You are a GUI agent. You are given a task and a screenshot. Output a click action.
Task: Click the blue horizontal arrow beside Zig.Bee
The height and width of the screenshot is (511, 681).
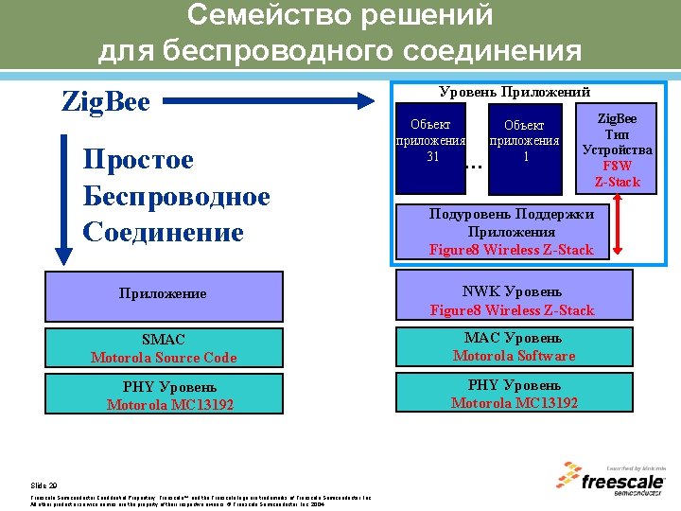pyautogui.click(x=274, y=98)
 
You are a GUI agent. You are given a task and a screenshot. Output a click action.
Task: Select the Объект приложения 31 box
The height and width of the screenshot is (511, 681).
pyautogui.click(x=431, y=141)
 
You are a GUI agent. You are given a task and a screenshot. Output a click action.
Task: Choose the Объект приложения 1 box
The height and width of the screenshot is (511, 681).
pyautogui.click(x=524, y=141)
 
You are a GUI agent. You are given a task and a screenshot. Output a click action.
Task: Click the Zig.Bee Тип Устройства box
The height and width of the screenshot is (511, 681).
pyautogui.click(x=617, y=150)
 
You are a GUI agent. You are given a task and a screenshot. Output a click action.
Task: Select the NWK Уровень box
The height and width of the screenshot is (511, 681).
pyautogui.click(x=512, y=300)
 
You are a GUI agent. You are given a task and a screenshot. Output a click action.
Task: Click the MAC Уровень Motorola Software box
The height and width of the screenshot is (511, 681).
pyautogui.click(x=513, y=347)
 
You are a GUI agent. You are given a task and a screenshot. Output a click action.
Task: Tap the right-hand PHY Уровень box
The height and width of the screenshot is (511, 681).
pyautogui.click(x=513, y=394)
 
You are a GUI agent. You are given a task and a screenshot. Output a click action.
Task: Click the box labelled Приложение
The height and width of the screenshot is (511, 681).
pyautogui.click(x=164, y=293)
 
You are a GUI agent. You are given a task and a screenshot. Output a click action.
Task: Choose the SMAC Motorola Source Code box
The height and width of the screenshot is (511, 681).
pyautogui.click(x=164, y=347)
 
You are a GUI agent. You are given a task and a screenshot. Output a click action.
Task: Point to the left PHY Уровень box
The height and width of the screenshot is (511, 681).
pyautogui.click(x=164, y=396)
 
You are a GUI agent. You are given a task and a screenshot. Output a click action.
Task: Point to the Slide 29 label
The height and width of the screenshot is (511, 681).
pyautogui.click(x=44, y=482)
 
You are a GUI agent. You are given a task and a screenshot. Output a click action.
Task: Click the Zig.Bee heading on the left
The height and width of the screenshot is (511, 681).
pyautogui.click(x=105, y=100)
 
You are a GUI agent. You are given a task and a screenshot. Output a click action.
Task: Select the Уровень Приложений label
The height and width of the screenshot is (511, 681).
pyautogui.click(x=515, y=92)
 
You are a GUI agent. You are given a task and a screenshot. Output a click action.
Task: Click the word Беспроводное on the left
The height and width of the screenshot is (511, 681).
pyautogui.click(x=177, y=196)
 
